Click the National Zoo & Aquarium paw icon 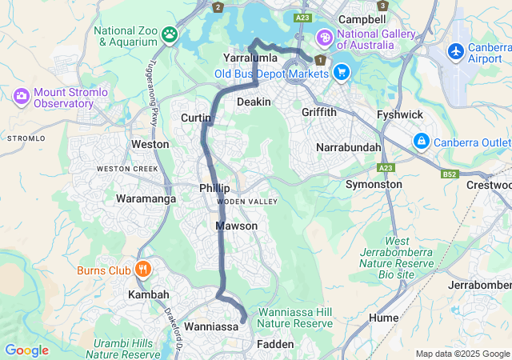coord(170,34)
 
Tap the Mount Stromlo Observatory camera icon coord(22,97)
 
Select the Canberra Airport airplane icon coord(457,51)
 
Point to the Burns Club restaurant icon coord(144,270)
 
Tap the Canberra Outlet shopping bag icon coord(422,142)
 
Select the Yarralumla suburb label coord(250,58)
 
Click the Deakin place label coord(254,102)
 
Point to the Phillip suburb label coord(214,187)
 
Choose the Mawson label coord(237,226)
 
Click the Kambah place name coord(149,295)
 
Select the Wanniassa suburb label coord(211,327)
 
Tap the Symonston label coord(374,184)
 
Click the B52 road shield coord(450,174)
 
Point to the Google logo coord(26,350)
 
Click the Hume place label coord(385,318)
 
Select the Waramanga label coord(145,198)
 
